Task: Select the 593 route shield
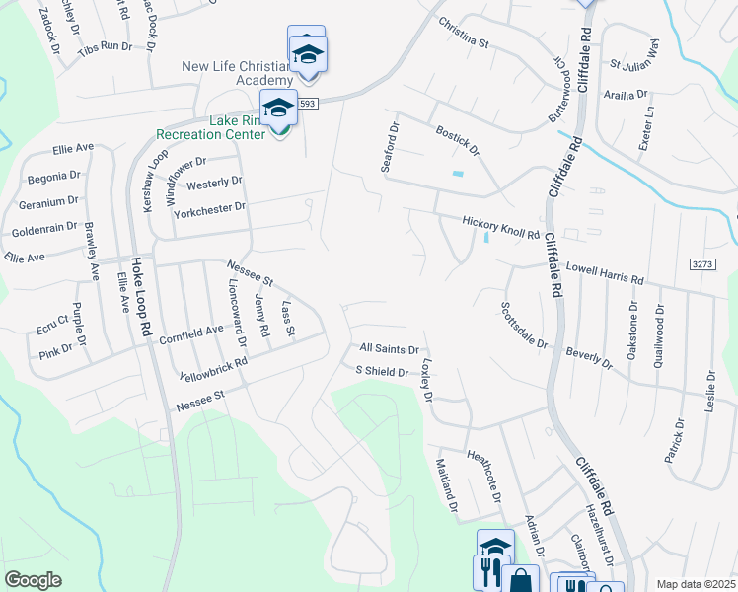point(308,104)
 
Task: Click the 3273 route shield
point(701,264)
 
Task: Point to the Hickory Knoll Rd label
point(501,229)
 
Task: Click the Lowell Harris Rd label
point(604,274)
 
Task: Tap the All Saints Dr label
point(390,349)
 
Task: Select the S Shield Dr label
point(382,372)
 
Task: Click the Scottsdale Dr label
point(523,326)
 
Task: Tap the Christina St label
point(464,34)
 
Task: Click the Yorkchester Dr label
point(208,210)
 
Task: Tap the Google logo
point(34,580)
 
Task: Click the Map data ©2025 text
point(695,584)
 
